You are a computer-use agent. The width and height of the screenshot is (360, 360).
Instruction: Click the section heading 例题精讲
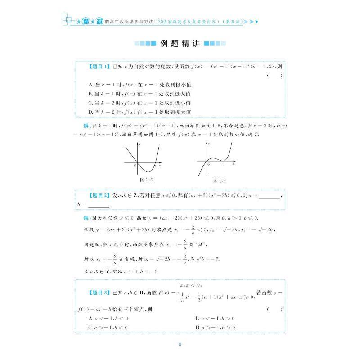click(x=180, y=44)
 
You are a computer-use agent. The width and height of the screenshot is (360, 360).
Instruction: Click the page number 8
click(x=180, y=345)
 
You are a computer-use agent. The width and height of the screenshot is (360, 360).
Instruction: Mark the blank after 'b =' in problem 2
click(x=99, y=206)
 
